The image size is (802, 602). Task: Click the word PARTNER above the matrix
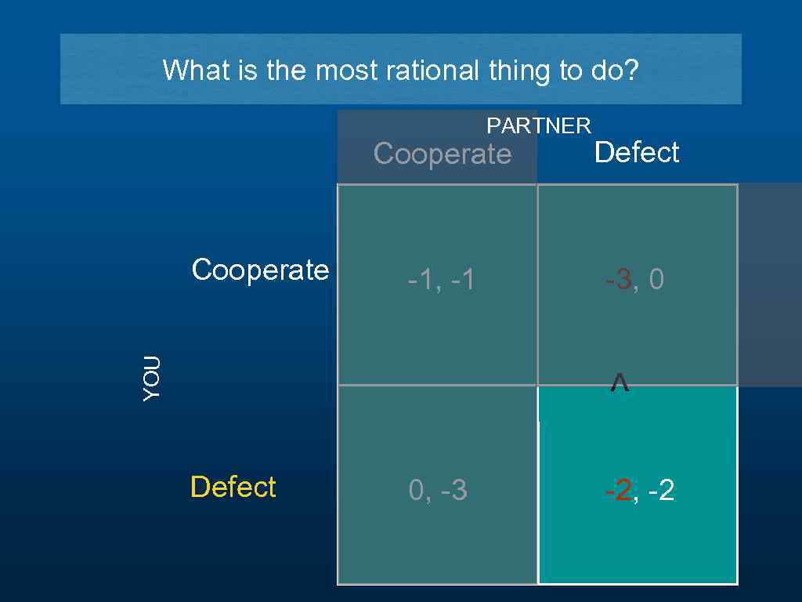pyautogui.click(x=539, y=125)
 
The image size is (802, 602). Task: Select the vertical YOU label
pyautogui.click(x=152, y=378)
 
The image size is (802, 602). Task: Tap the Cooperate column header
pyautogui.click(x=442, y=154)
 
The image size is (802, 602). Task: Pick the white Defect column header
pyautogui.click(x=637, y=152)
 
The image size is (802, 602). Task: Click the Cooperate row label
pyautogui.click(x=260, y=270)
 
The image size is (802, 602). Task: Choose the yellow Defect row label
pyautogui.click(x=233, y=487)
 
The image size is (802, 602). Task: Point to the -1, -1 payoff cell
pyautogui.click(x=441, y=280)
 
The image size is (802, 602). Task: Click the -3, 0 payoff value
pyautogui.click(x=634, y=280)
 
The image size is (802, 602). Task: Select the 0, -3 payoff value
pyautogui.click(x=438, y=491)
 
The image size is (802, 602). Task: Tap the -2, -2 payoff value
pyautogui.click(x=639, y=491)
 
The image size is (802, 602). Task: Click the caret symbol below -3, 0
pyautogui.click(x=619, y=383)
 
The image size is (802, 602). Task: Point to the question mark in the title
pyautogui.click(x=631, y=71)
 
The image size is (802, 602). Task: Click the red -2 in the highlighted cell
pyautogui.click(x=619, y=491)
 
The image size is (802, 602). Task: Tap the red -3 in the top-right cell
pyautogui.click(x=619, y=280)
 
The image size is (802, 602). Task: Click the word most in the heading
pyautogui.click(x=341, y=71)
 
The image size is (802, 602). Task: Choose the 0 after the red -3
pyautogui.click(x=656, y=280)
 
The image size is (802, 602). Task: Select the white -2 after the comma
pyautogui.click(x=661, y=491)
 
